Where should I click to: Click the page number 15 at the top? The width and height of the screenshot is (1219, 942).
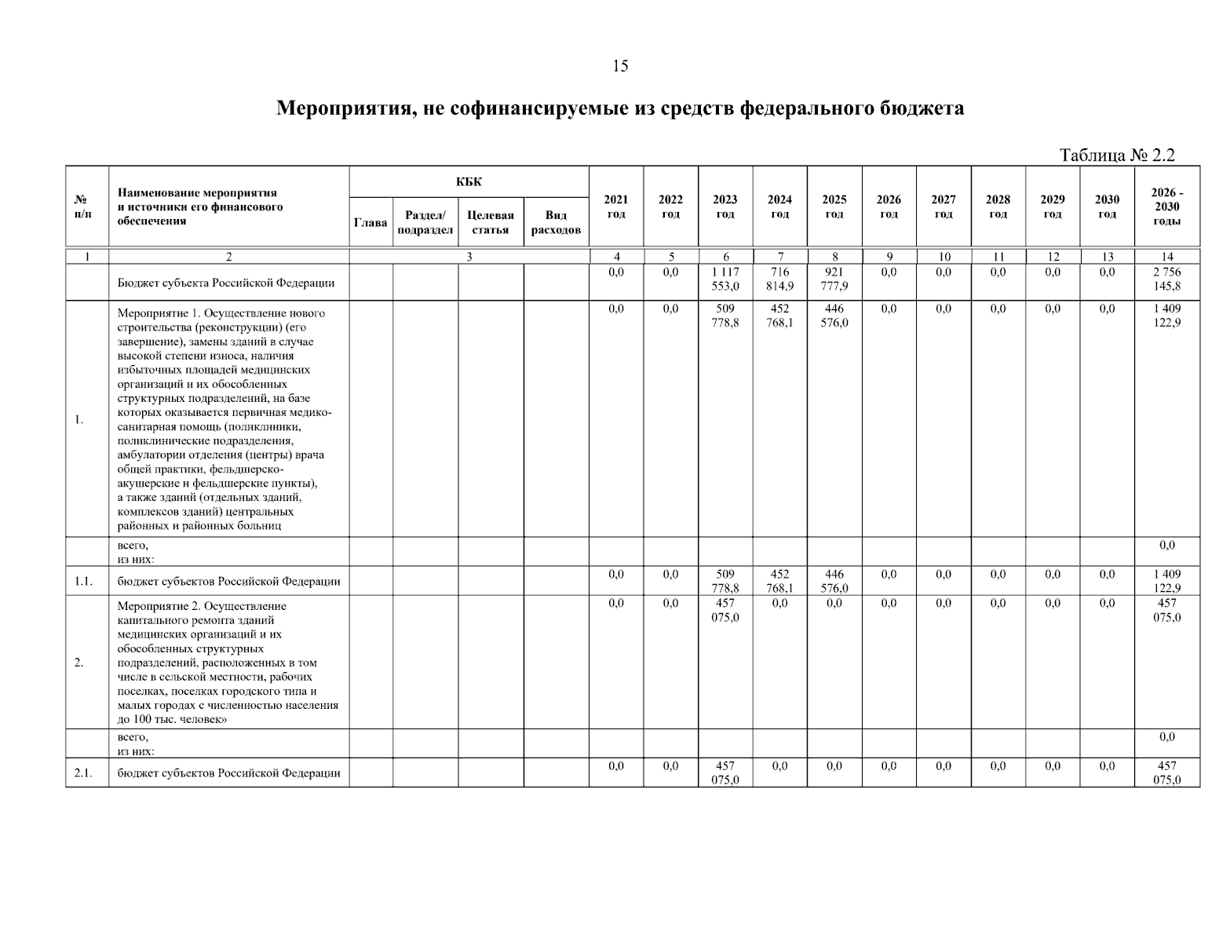620,66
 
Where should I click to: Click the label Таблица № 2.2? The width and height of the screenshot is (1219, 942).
1117,155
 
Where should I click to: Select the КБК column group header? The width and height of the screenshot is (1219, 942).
469,182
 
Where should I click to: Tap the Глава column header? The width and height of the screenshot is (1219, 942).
370,223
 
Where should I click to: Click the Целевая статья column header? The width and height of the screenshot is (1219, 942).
491,222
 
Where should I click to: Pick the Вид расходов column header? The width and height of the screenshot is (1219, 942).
556,222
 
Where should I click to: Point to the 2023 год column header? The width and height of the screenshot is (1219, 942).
725,206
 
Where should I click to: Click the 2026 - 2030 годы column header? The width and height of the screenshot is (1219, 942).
1166,206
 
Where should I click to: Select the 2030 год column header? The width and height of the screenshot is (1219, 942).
1107,206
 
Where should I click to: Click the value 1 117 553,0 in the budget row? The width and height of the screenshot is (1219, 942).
725,279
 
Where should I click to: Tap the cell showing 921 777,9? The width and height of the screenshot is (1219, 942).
834,279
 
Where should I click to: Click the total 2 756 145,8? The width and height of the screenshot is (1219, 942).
1166,279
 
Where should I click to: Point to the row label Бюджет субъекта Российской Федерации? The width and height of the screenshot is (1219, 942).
226,283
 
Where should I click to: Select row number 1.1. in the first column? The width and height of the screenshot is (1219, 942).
83,582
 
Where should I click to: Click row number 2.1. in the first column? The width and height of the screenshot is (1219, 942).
83,773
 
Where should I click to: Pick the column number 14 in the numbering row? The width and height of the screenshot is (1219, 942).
1166,257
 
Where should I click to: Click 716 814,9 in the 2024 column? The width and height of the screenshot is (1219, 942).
779,279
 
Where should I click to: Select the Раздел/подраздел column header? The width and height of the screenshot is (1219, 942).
425,222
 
